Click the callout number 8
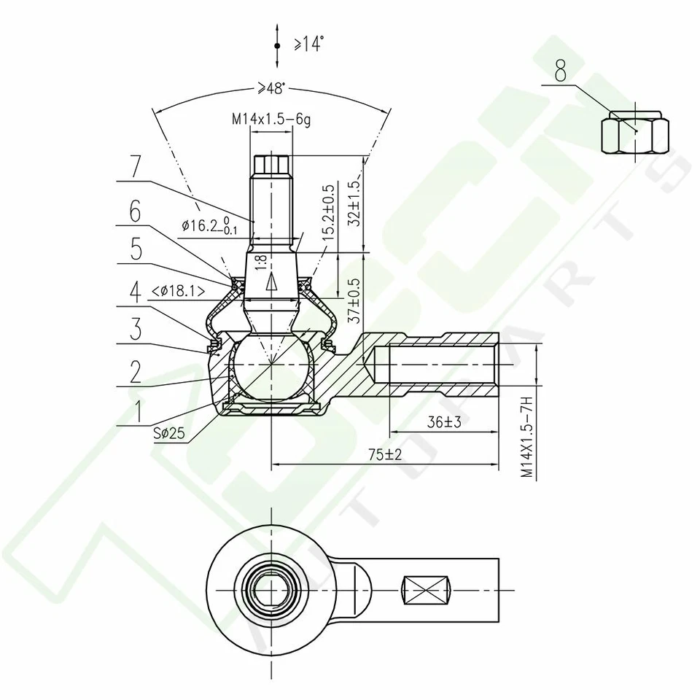(x=560, y=71)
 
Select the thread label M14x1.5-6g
(x=271, y=117)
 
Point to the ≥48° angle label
(x=270, y=89)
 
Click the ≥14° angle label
(x=308, y=45)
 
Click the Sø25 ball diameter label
(x=169, y=433)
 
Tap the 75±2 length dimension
(x=385, y=454)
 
